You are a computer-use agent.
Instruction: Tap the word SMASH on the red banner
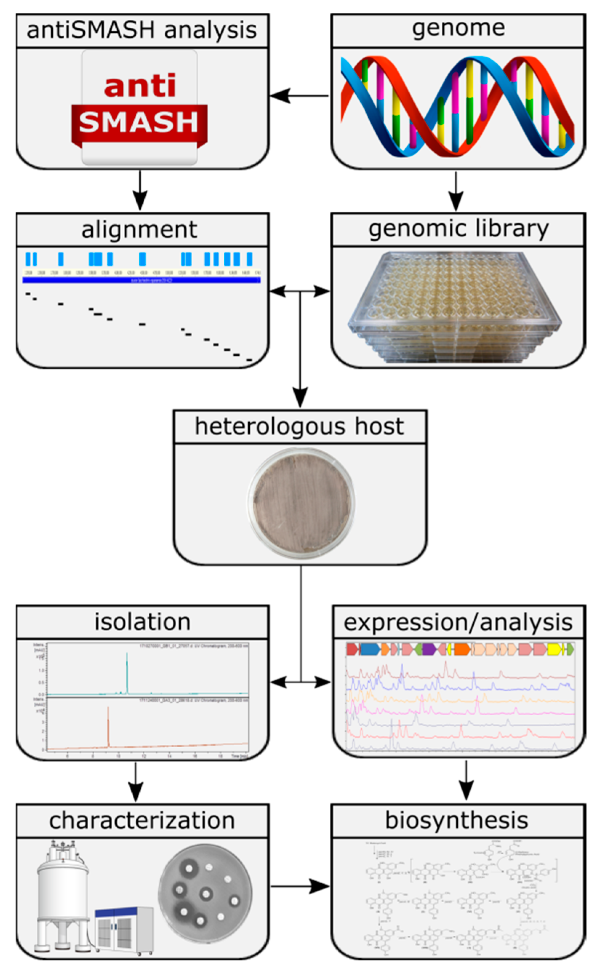click(139, 122)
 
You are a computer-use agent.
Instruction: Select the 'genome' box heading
click(458, 29)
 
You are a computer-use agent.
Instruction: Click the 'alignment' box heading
click(139, 230)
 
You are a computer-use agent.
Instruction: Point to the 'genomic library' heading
click(458, 229)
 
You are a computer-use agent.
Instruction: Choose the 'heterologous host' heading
click(300, 427)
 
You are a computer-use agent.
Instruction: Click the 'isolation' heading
click(142, 622)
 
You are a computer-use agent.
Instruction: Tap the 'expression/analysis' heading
click(458, 623)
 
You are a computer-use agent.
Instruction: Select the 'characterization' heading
click(142, 820)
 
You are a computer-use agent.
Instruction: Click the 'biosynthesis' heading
click(457, 820)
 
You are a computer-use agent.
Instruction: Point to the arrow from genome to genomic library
click(456, 191)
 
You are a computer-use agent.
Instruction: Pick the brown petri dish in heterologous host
click(301, 502)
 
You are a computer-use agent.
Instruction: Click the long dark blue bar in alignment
click(141, 280)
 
